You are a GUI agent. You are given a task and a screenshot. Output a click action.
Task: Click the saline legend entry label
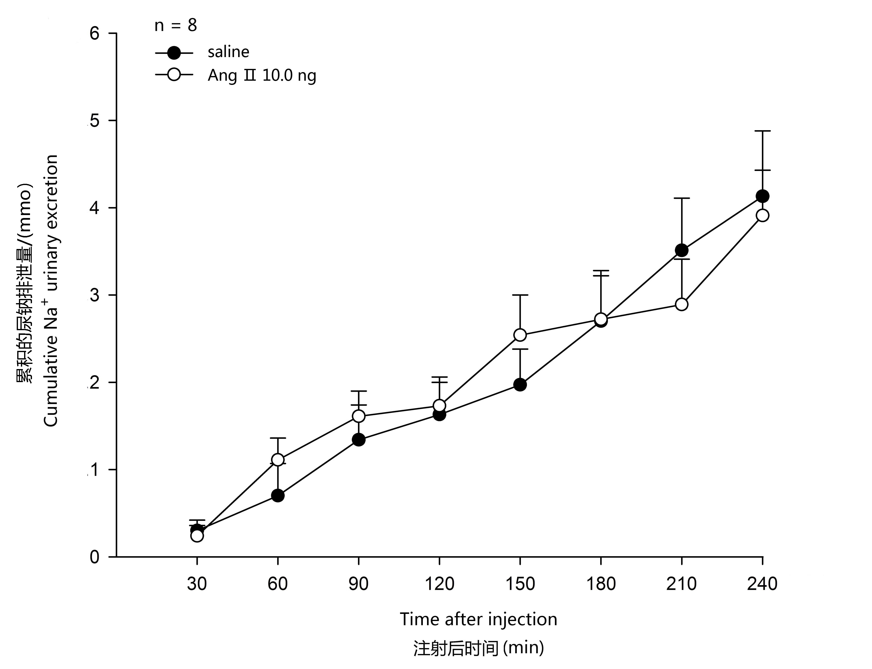pyautogui.click(x=229, y=52)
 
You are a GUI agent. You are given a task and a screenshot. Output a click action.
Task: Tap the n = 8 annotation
pyautogui.click(x=176, y=26)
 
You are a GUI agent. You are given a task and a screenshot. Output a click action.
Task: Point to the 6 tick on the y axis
pyautogui.click(x=94, y=33)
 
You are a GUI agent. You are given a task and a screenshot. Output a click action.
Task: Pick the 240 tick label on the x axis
pyautogui.click(x=762, y=584)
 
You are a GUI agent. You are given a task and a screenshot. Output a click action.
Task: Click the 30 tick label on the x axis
pyautogui.click(x=197, y=584)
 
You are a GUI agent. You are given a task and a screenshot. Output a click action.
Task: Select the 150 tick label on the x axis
pyautogui.click(x=520, y=584)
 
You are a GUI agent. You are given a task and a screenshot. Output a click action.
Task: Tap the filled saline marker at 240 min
pyautogui.click(x=762, y=196)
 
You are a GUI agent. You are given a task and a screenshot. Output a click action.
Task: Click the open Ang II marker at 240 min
pyautogui.click(x=762, y=216)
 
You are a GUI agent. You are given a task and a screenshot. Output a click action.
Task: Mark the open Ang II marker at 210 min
pyautogui.click(x=681, y=304)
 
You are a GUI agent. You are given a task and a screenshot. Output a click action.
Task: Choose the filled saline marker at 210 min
pyautogui.click(x=681, y=250)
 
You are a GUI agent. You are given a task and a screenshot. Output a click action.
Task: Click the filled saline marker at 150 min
pyautogui.click(x=520, y=385)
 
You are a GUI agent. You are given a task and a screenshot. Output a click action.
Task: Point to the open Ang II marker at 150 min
pyautogui.click(x=520, y=335)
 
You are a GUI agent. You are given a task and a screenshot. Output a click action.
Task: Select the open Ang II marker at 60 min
pyautogui.click(x=277, y=460)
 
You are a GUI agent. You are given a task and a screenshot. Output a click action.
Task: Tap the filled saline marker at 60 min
pyautogui.click(x=277, y=496)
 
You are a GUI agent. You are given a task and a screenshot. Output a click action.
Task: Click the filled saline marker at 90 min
pyautogui.click(x=359, y=440)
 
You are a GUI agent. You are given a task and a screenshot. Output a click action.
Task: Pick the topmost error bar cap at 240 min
pyautogui.click(x=762, y=131)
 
